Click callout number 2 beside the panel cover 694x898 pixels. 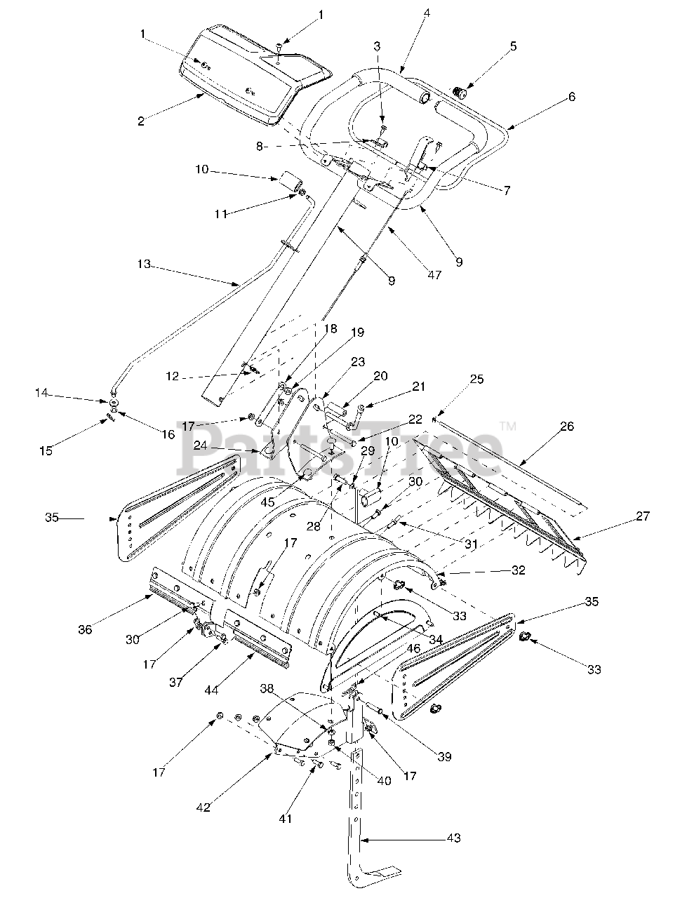141,121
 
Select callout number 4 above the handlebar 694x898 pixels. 427,13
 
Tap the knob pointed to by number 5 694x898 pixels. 459,91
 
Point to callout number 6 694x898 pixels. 572,97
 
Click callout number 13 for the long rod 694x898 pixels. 144,264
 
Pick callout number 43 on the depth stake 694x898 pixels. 454,838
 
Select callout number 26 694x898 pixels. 567,426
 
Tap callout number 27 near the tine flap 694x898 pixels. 642,516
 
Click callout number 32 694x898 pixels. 517,570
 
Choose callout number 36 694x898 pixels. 85,629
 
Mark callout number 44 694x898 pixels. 211,690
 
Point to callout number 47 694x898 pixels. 434,274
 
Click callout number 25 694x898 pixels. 476,379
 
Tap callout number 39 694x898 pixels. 444,757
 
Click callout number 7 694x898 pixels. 507,190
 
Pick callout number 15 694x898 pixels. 46,450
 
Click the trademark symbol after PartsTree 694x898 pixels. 507,426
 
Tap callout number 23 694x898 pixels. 358,361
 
